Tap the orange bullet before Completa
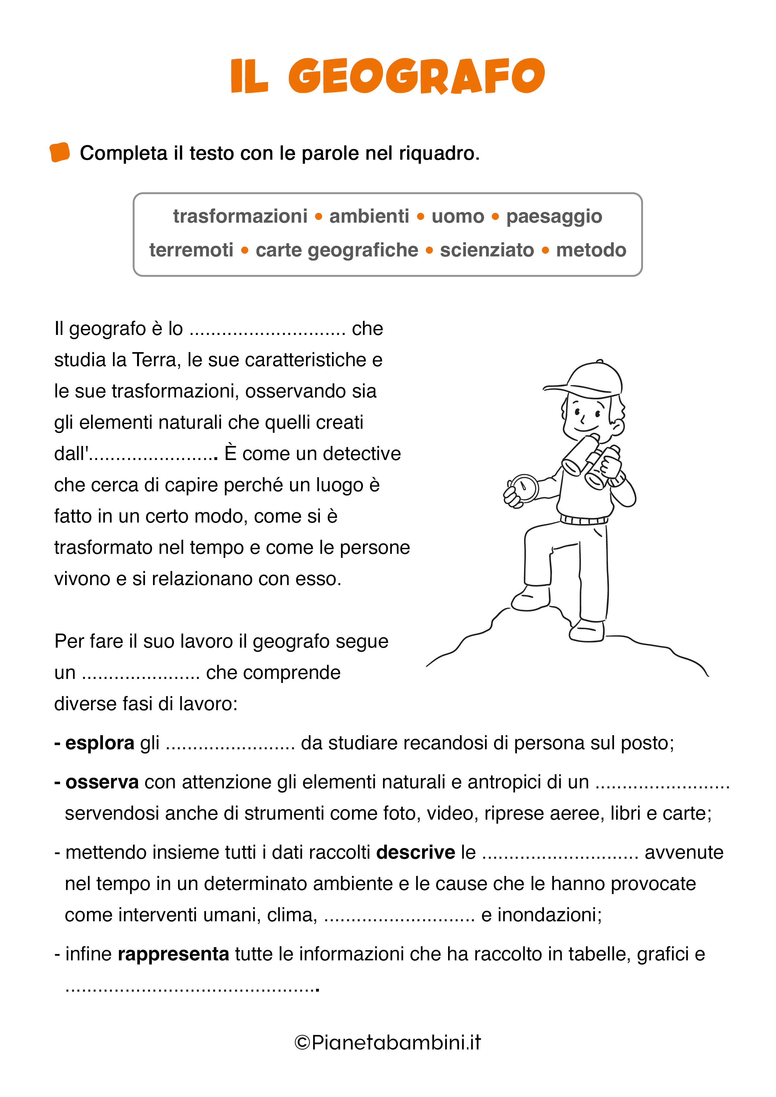tap(60, 152)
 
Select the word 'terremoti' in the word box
tap(191, 250)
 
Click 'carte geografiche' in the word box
tap(337, 250)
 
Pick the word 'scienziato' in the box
tap(487, 250)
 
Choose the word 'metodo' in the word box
tap(591, 250)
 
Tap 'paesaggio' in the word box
tap(554, 216)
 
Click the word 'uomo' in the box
tap(457, 216)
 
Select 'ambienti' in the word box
tap(369, 216)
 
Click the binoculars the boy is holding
tap(593, 463)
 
